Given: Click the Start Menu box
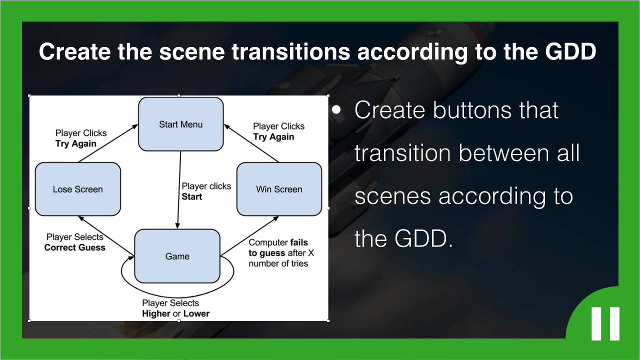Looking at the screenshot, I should pyautogui.click(x=180, y=124).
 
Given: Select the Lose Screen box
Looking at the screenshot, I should pyautogui.click(x=77, y=189).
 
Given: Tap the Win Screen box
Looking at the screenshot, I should pyautogui.click(x=279, y=189).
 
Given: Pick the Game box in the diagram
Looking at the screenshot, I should pyautogui.click(x=177, y=256).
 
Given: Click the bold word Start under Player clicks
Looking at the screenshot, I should pyautogui.click(x=192, y=197).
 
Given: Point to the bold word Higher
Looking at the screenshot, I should pyautogui.click(x=156, y=314).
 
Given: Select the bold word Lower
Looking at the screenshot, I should pyautogui.click(x=196, y=314).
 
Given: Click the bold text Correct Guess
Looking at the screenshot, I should pyautogui.click(x=75, y=247).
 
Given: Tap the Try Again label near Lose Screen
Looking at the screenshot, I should pyautogui.click(x=76, y=143).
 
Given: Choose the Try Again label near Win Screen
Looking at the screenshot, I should pyautogui.click(x=273, y=137).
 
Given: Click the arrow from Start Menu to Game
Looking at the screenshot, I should pyautogui.click(x=179, y=190).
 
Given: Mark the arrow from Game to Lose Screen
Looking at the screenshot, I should pyautogui.click(x=106, y=235).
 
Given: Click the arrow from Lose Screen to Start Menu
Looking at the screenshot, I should pyautogui.click(x=108, y=143).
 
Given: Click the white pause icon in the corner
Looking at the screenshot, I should pyautogui.click(x=605, y=323).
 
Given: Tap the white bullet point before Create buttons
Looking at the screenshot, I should pyautogui.click(x=336, y=110).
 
